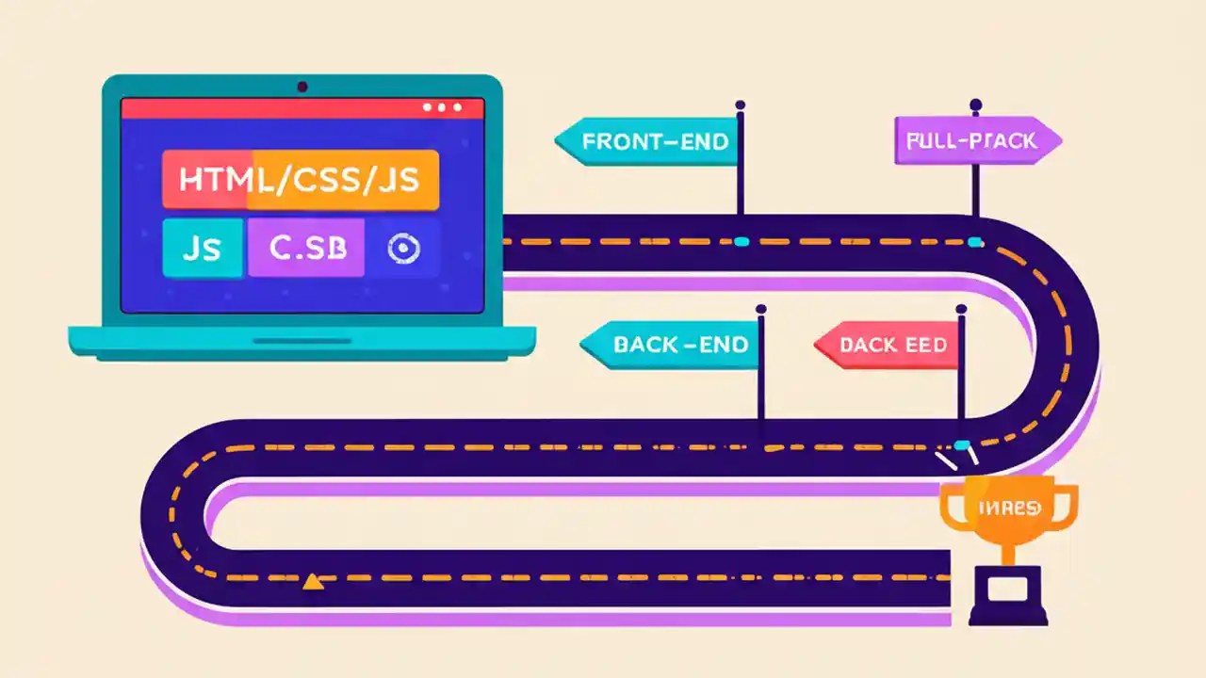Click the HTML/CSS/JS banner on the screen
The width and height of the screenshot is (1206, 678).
300,179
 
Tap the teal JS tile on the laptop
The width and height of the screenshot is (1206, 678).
201,248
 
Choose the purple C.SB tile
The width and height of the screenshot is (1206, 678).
306,248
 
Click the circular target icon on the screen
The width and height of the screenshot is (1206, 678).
403,248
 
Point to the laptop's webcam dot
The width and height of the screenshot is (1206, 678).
302,88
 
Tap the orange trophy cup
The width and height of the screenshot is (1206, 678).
1008,513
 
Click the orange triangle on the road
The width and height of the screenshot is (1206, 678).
313,582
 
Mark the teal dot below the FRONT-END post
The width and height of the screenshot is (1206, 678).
741,242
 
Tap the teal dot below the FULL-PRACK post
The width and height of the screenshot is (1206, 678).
975,242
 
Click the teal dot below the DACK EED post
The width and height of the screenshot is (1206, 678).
961,444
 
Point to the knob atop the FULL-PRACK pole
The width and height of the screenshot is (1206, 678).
975,104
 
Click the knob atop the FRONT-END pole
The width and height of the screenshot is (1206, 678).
741,105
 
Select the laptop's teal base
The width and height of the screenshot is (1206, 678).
301,340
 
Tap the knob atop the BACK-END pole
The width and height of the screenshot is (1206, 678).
760,308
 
